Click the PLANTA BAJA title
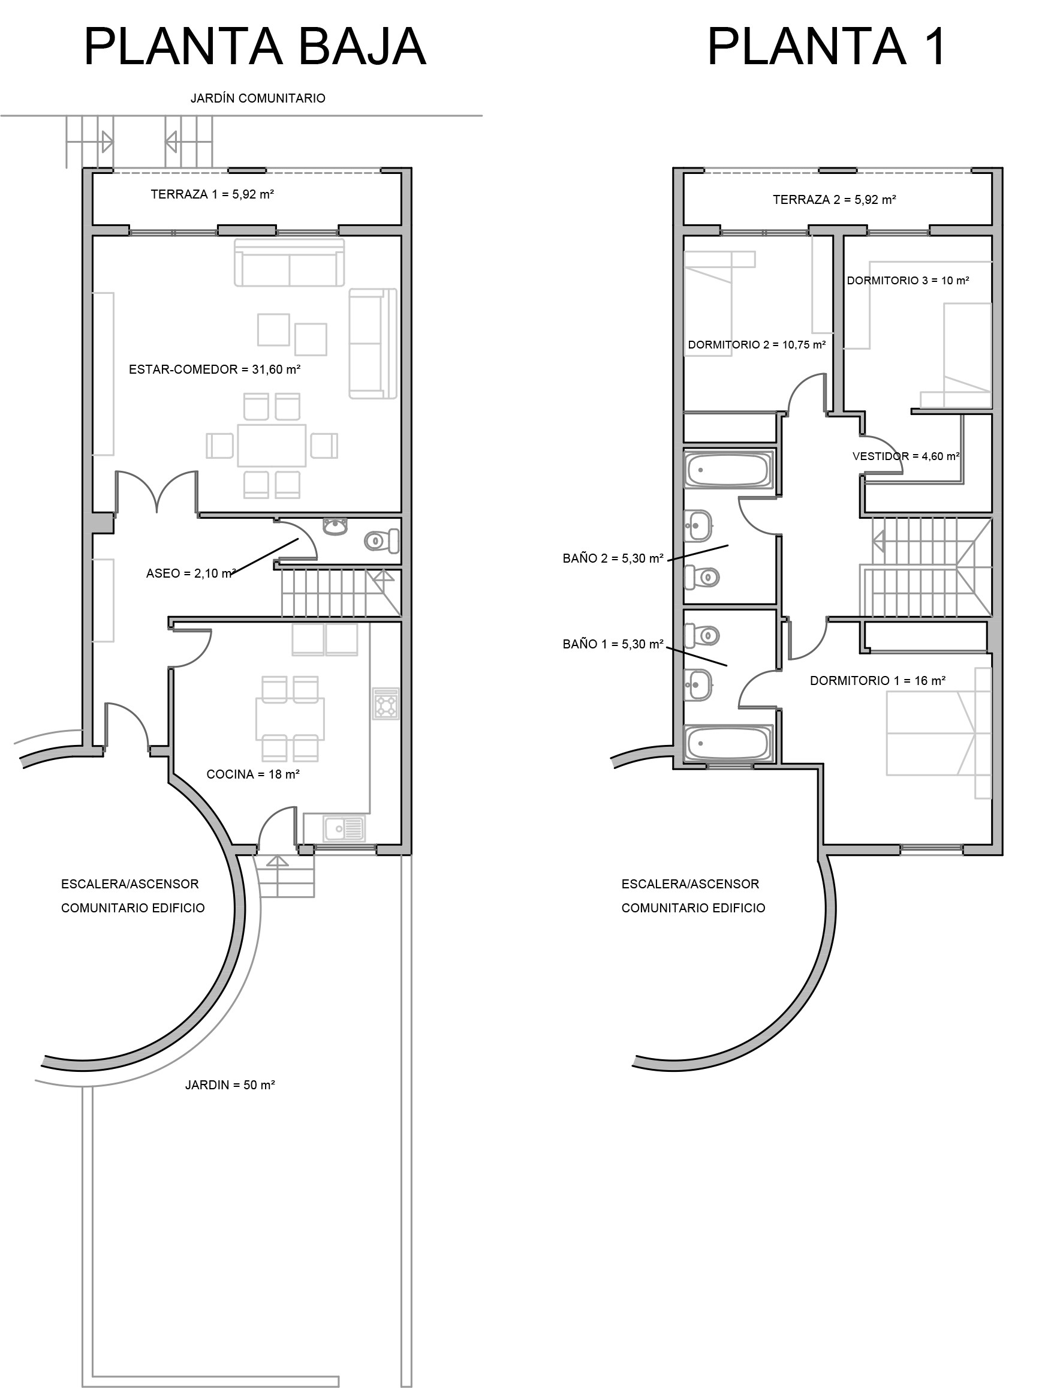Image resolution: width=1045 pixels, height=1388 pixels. point(255,46)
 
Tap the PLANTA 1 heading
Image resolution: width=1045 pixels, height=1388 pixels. point(826,46)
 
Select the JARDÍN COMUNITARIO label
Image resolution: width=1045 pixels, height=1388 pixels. point(258,98)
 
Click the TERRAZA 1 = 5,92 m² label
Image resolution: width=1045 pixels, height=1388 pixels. point(212,194)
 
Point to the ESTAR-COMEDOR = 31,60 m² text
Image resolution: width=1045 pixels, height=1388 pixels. point(215,369)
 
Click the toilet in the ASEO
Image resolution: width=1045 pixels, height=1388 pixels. point(382,541)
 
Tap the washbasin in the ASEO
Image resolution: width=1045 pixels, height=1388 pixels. point(335,527)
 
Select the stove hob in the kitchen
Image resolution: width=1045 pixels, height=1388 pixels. point(386,704)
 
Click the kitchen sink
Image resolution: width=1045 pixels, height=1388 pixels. point(344,828)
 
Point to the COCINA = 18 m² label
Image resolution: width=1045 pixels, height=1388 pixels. point(253,775)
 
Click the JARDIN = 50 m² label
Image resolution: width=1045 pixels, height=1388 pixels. point(230,1086)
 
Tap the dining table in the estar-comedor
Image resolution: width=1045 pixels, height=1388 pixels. point(272,446)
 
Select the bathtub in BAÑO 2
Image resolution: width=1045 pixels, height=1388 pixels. point(728,470)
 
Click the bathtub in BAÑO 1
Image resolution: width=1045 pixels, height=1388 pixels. point(728,744)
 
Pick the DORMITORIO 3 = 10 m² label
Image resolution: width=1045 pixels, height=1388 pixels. point(908,281)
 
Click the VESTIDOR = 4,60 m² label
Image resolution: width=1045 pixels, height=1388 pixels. point(906,457)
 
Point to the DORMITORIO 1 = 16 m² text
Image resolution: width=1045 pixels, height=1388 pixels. point(878,681)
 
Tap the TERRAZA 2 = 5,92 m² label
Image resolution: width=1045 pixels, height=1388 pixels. point(834,200)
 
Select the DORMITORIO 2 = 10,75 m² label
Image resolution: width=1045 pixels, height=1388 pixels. point(757,345)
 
